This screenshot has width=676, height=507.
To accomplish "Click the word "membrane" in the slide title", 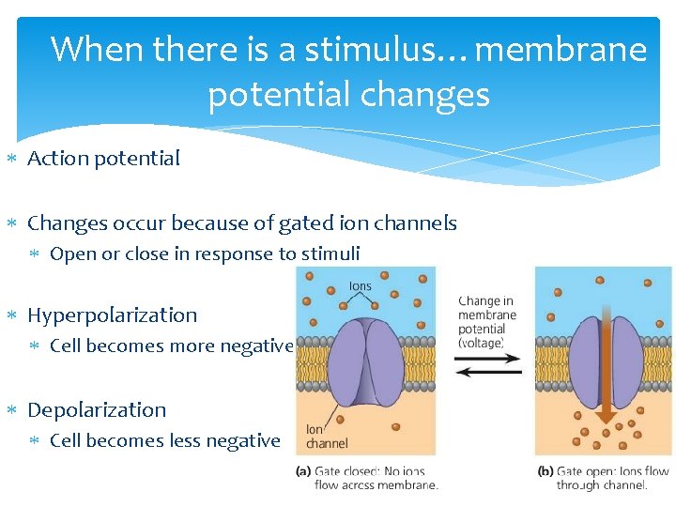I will pos(561,49).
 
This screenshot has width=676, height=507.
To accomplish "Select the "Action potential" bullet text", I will pos(103,159).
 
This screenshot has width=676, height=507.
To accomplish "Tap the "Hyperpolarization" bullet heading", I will pos(112,315).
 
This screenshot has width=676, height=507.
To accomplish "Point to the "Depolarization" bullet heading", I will pos(97,410).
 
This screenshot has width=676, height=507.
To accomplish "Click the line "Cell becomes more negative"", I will pos(171,346).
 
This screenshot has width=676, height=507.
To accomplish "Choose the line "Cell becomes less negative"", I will pos(164,440).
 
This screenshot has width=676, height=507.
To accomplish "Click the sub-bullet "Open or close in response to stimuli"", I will pos(204,253).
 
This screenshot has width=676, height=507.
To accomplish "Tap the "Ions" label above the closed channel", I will pos(360,285).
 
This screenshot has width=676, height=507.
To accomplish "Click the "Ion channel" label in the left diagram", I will pos(326,437).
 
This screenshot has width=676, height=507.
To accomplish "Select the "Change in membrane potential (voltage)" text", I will pos(487,322).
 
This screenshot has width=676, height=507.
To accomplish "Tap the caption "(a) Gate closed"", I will pos(366,478).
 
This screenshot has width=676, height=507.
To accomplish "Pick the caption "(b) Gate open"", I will pos(603,478).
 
